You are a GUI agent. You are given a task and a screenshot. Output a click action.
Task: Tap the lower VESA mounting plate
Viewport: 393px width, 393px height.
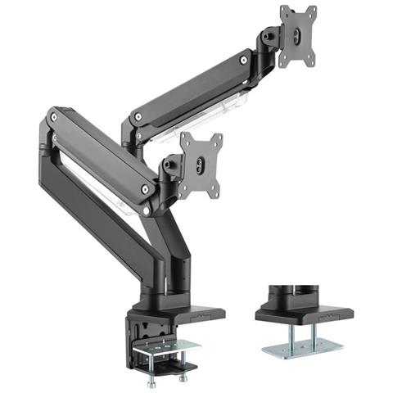pyautogui.click(x=201, y=165)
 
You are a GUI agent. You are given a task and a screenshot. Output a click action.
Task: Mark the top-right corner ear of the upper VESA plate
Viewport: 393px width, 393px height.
pyautogui.click(x=312, y=11)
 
